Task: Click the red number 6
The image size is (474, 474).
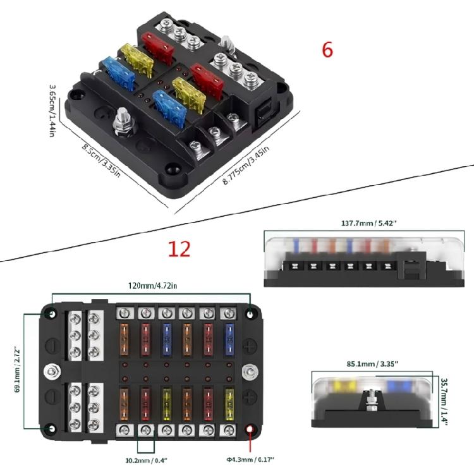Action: coord(327,50)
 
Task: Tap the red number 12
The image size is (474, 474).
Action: coord(179,249)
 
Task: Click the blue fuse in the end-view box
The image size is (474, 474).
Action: coord(398,386)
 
